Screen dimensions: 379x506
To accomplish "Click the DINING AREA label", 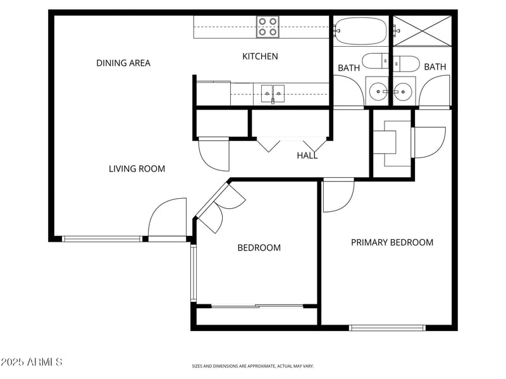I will (x=123, y=63).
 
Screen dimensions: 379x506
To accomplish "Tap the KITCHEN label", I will (x=260, y=56).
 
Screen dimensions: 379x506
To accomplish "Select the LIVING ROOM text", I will (x=137, y=169).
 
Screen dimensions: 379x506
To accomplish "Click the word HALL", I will (x=307, y=156).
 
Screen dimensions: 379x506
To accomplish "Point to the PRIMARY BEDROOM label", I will (x=392, y=242).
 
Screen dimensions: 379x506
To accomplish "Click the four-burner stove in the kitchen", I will (x=268, y=27).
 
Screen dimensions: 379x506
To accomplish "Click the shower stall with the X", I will (x=421, y=30).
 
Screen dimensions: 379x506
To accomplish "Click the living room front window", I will (x=102, y=239).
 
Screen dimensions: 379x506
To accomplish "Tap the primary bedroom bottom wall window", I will (x=387, y=328).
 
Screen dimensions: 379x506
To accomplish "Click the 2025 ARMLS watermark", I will (x=32, y=363).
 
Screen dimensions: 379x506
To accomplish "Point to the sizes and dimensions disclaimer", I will (x=253, y=366).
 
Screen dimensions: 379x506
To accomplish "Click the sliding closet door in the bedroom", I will (x=257, y=306).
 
